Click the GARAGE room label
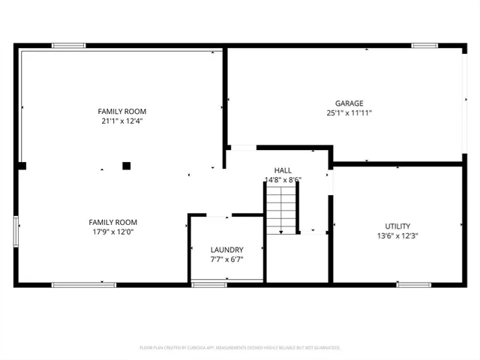coord(349,103)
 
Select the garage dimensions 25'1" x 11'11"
coord(349,113)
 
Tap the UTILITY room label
coord(397,226)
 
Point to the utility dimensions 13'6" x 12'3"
coord(397,235)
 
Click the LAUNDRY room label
coord(226,250)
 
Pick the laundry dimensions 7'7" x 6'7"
coord(226,259)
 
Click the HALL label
coord(283,170)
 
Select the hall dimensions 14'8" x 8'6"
coord(283,180)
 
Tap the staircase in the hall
coord(281,210)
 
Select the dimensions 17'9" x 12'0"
coord(113,232)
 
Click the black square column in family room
coord(127,166)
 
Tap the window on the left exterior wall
coord(16,230)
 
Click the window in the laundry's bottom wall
coord(209,284)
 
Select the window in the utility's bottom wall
coord(413,284)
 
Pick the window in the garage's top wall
coord(424,46)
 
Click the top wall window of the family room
coord(68,46)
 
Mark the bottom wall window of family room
coord(83,284)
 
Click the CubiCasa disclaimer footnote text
coord(240,348)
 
